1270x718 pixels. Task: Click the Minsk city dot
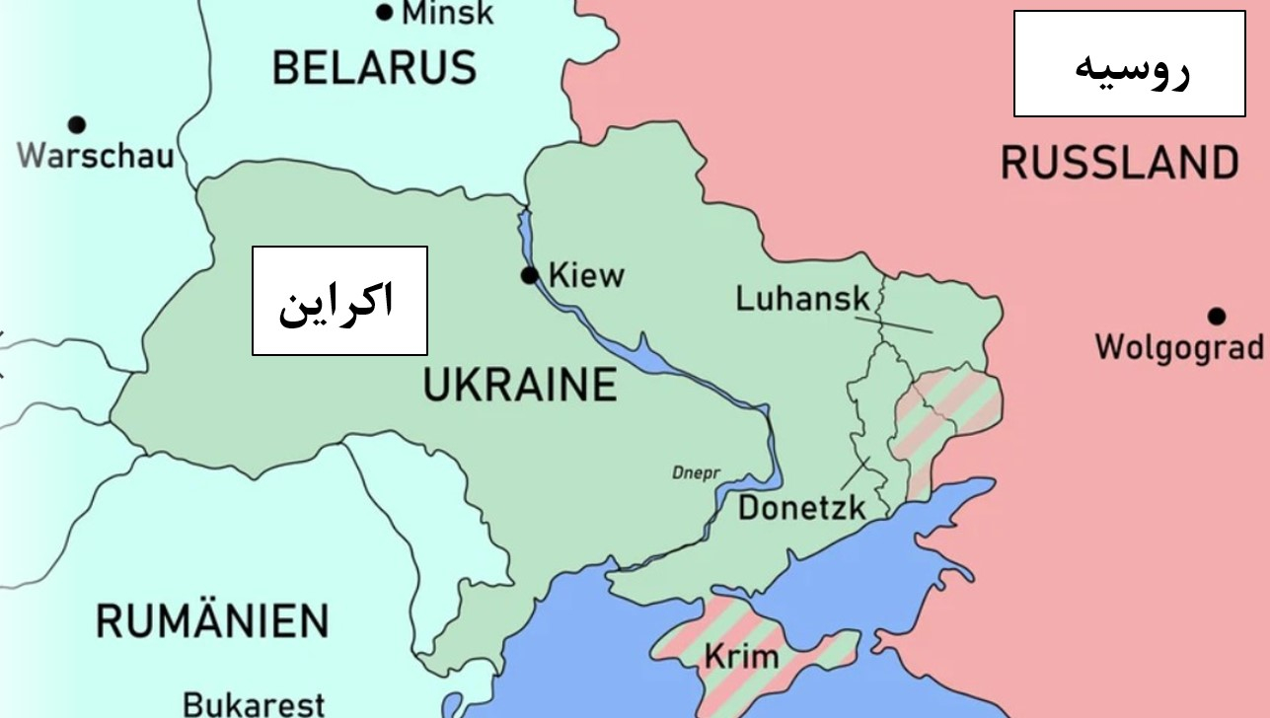pos(384,13)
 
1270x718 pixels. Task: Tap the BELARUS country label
pos(374,68)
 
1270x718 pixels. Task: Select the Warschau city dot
pos(76,124)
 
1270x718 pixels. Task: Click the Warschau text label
pos(96,156)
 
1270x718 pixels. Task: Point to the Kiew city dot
pos(530,275)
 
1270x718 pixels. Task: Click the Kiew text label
pos(586,275)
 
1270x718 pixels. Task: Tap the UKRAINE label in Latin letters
pos(520,384)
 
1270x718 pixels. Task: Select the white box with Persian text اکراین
pos(339,300)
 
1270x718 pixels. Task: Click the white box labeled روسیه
pos(1129,64)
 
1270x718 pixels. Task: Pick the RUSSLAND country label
pos(1120,163)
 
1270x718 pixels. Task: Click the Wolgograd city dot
pos(1217,317)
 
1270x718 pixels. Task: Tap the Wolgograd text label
pos(1179,347)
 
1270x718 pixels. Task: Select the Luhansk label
pos(802,298)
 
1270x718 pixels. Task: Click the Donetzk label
pos(801,508)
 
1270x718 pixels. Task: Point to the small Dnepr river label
pos(697,472)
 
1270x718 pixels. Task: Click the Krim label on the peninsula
pos(741,656)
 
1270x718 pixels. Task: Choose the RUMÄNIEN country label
pos(212,621)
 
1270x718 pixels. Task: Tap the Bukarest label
pos(255,704)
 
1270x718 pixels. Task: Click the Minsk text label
pos(447,13)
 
